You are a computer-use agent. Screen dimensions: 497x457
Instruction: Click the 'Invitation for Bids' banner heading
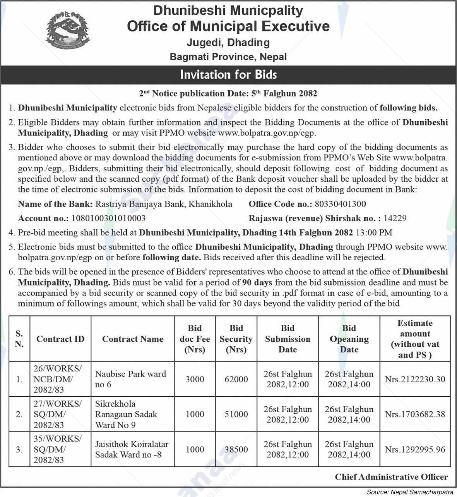tap(228, 74)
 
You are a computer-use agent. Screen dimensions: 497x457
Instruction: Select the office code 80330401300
tap(340, 204)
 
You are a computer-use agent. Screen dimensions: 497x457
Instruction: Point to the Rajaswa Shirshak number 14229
tap(395, 218)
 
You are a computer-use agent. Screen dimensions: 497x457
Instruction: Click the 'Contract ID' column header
tap(60, 339)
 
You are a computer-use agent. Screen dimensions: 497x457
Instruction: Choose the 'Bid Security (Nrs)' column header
tap(236, 339)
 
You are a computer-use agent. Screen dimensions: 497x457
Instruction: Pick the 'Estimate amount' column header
tap(415, 339)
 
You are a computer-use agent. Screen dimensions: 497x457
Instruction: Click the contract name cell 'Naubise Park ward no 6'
tap(131, 379)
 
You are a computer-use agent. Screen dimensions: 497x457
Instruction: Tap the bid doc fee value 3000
tap(195, 379)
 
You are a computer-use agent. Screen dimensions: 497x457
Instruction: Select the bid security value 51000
tap(236, 414)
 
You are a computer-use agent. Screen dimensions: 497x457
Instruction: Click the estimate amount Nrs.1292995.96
tap(415, 449)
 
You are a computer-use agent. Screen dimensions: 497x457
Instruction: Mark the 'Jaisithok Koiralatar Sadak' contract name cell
tap(132, 449)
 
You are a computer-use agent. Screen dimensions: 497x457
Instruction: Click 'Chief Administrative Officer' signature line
tap(391, 477)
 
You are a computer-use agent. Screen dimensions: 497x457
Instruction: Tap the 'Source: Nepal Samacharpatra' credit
tap(410, 492)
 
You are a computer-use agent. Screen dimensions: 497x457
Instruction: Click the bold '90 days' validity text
tap(257, 282)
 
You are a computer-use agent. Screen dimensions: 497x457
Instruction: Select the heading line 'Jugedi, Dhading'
tap(228, 43)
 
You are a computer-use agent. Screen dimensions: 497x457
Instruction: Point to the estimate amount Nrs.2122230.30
tap(415, 379)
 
